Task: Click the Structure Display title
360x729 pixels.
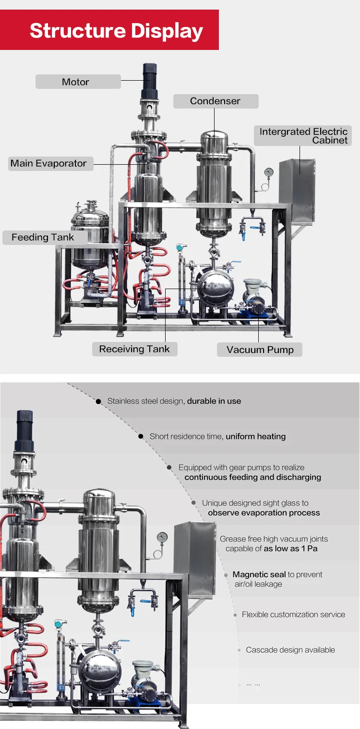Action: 116,31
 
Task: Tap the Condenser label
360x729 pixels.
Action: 216,101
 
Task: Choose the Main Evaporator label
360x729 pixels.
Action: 48,163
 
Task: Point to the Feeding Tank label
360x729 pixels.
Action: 43,237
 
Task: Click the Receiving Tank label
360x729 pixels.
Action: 134,349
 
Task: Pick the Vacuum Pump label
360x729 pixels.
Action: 260,350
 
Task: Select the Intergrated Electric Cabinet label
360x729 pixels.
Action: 303,136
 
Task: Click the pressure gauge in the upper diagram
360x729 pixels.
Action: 268,172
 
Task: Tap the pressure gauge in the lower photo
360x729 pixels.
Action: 162,537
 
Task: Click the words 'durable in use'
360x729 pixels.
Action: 214,401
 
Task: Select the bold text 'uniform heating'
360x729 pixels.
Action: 256,437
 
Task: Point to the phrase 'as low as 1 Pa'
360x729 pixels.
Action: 291,548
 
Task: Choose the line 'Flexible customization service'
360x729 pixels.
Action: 293,614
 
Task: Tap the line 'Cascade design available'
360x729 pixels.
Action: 290,650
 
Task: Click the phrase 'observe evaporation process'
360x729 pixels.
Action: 264,513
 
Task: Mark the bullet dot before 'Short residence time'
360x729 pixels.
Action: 141,437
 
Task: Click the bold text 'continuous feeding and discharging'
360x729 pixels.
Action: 253,477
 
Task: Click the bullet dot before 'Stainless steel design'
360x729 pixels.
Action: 98,401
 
